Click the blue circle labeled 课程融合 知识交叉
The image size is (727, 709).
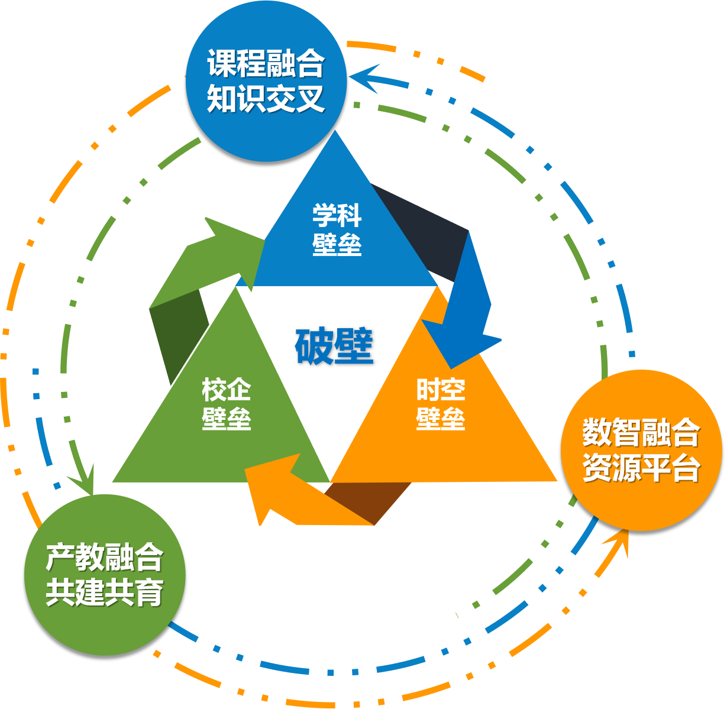click(x=266, y=81)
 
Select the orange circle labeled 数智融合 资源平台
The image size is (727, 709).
click(x=641, y=451)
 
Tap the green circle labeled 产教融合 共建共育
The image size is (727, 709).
click(x=105, y=574)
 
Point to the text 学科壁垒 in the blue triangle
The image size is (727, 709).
click(x=337, y=230)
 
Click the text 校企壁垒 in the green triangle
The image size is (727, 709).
click(x=226, y=404)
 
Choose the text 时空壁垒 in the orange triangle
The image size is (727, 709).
click(x=440, y=404)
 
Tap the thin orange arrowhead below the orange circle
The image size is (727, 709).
click(x=619, y=541)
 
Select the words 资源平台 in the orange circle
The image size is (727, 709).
click(x=641, y=468)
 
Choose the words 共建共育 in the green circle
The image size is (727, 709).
click(x=105, y=592)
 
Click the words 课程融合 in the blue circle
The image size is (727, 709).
click(x=266, y=64)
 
